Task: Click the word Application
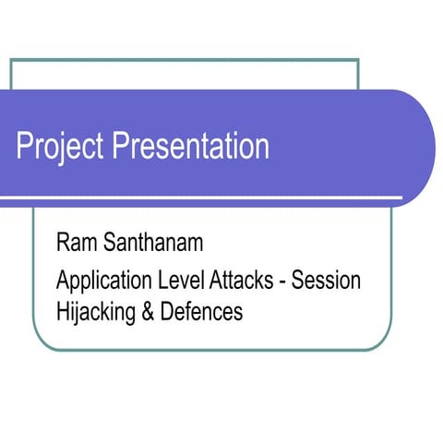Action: point(102,279)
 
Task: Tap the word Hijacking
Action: point(98,313)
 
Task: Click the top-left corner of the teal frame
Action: point(11,60)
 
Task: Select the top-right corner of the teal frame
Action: point(357,60)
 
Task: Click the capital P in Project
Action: point(24,147)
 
